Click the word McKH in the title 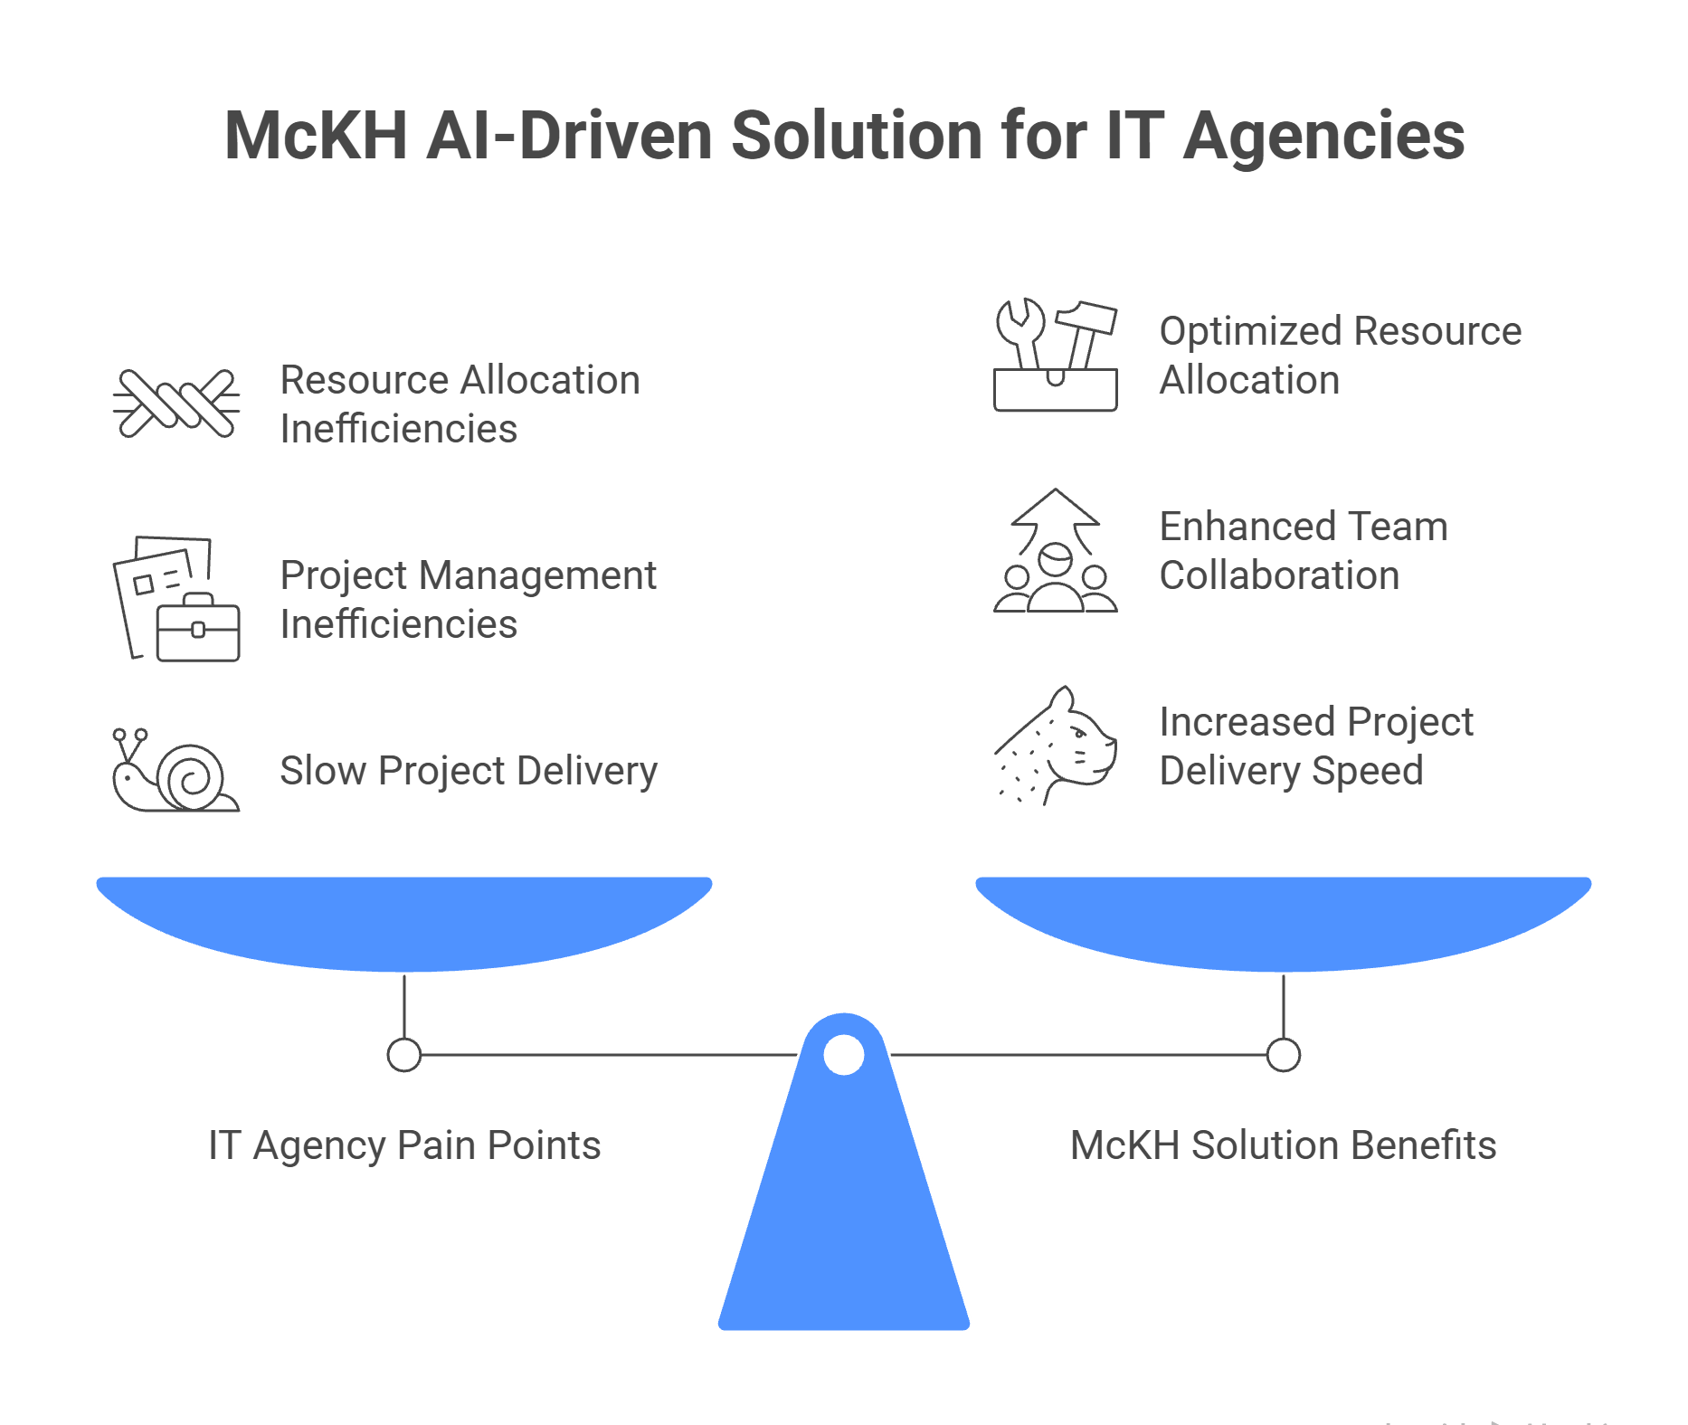coord(317,136)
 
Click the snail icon coord(175,770)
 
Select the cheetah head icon coord(1056,746)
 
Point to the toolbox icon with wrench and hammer coord(1056,355)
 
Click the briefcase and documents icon coord(176,599)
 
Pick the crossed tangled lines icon coord(176,404)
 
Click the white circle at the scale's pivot coord(844,1055)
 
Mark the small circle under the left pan coord(404,1055)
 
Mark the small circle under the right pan coord(1284,1055)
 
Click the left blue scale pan coord(404,924)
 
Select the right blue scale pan coord(1284,924)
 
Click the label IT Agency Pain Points coord(404,1145)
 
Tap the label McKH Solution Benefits coord(1284,1145)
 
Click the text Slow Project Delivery coord(469,771)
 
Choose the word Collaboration coord(1280,575)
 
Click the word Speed coord(1368,771)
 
